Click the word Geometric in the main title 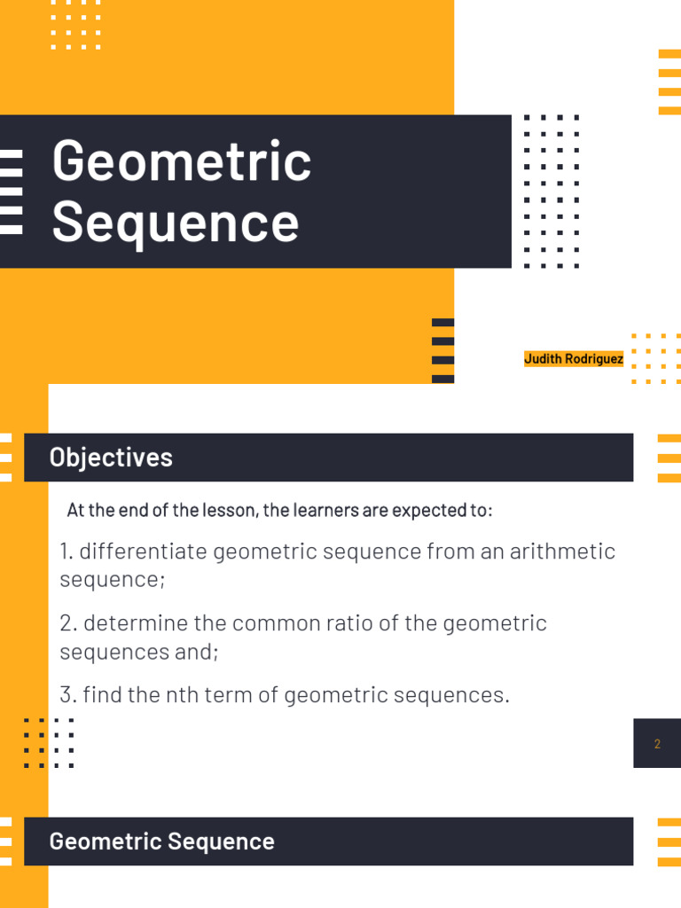click(x=182, y=161)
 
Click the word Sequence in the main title click(x=176, y=222)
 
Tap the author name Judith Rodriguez click(x=574, y=359)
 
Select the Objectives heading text click(x=111, y=458)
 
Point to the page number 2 click(x=657, y=744)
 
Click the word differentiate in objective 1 click(x=143, y=552)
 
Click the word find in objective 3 click(x=102, y=695)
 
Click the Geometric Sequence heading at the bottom click(x=162, y=841)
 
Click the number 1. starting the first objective click(x=67, y=552)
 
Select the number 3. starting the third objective click(x=68, y=695)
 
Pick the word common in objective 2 click(x=258, y=623)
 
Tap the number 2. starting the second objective click(x=68, y=623)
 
